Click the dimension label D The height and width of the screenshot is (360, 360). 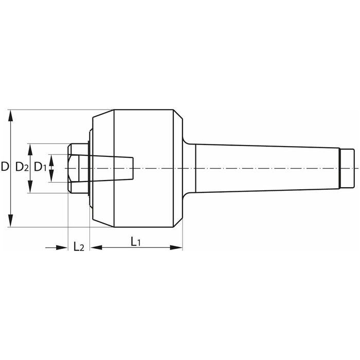[x=5, y=167]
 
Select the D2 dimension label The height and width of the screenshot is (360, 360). [x=22, y=167]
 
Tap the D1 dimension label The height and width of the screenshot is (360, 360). [x=40, y=167]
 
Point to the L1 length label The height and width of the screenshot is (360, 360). [x=135, y=242]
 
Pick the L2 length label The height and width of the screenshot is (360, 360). [x=79, y=246]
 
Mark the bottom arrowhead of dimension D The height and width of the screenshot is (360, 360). [x=11, y=221]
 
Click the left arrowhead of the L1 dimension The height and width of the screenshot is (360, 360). [x=96, y=247]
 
